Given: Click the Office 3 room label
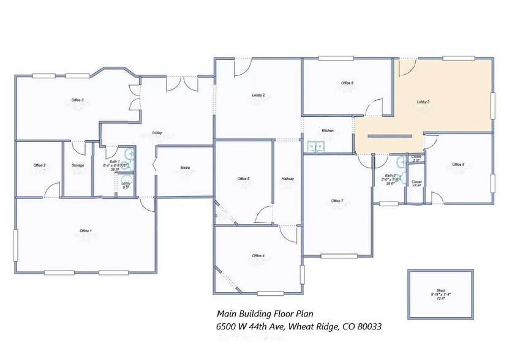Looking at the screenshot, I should click(x=77, y=100).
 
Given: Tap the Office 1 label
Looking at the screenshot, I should click(x=86, y=231).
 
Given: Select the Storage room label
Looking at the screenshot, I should click(x=78, y=165).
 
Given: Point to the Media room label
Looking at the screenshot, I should click(x=184, y=167).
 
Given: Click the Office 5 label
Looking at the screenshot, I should click(x=243, y=179).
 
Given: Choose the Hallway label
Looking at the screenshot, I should click(x=288, y=179).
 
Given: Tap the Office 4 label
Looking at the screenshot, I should click(x=258, y=255).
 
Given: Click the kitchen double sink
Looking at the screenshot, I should click(x=316, y=146).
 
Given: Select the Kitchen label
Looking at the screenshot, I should click(x=328, y=131).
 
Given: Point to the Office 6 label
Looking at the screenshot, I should click(x=347, y=83).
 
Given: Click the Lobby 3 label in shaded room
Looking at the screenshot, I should click(x=423, y=102).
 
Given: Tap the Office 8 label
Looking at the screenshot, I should click(x=458, y=164).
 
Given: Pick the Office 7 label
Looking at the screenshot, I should click(x=337, y=201).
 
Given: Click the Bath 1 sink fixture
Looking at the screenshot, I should click(x=128, y=154).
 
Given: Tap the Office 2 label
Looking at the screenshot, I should click(x=39, y=165).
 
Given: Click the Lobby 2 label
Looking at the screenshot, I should click(x=258, y=96).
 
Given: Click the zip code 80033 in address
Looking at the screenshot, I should click(x=369, y=327).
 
